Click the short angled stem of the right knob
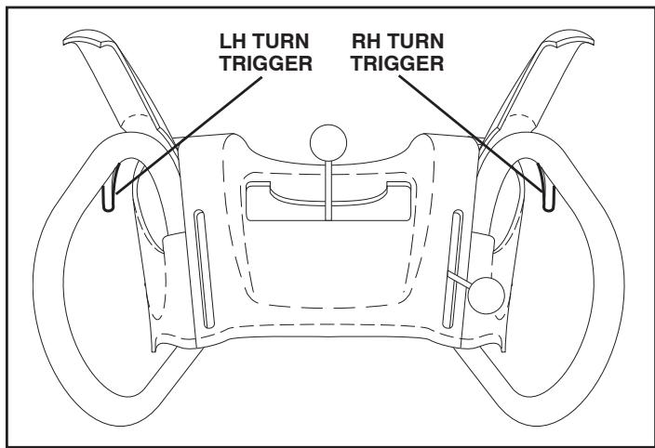click(x=459, y=280)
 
